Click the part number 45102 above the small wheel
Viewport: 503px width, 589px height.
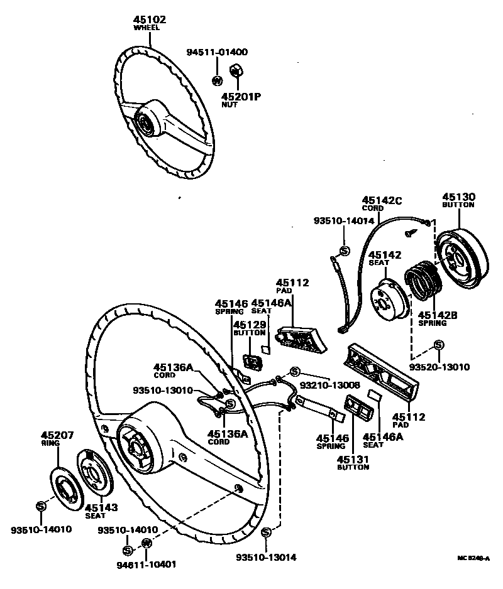pos(150,20)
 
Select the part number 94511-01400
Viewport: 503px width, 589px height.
pos(218,52)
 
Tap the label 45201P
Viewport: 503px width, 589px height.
pos(241,97)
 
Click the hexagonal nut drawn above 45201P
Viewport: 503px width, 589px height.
pos(238,70)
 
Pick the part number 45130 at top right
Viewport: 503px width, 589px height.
pos(458,197)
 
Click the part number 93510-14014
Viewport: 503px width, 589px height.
pos(344,220)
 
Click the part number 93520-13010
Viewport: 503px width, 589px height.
pos(439,366)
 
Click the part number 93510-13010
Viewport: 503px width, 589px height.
pos(163,390)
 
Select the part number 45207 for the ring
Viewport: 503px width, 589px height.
pos(58,435)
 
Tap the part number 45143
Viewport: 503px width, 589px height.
pos(101,507)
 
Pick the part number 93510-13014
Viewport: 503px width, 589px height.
pos(266,557)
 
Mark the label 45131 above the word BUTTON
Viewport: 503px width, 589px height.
pos(353,459)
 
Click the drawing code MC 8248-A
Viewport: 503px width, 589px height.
pos(473,557)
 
